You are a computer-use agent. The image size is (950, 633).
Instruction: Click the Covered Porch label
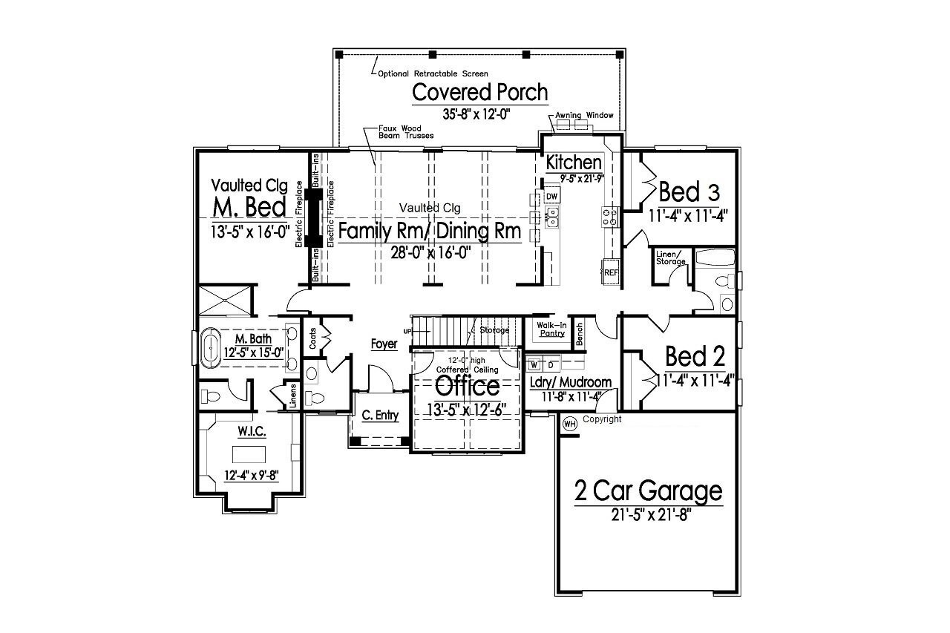tap(479, 93)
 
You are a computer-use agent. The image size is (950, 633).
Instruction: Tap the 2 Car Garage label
tap(648, 491)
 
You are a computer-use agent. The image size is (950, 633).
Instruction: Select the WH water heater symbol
tap(570, 424)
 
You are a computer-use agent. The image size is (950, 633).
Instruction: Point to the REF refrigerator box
tap(610, 272)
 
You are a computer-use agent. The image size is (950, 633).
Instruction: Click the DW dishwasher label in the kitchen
tap(551, 196)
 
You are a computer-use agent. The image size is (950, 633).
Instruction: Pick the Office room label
tap(467, 386)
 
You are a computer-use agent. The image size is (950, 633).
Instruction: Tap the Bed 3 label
tap(689, 192)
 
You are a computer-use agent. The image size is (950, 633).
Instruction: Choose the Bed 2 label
tap(695, 356)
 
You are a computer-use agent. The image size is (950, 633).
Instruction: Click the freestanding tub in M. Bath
tap(211, 349)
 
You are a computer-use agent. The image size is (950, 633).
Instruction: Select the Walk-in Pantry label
tap(551, 329)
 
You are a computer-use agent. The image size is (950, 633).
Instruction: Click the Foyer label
tap(384, 344)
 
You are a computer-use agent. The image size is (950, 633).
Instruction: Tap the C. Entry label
tap(380, 416)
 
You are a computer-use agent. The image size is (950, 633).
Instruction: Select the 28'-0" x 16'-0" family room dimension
tap(431, 252)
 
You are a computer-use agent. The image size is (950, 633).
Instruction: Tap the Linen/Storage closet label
tap(670, 258)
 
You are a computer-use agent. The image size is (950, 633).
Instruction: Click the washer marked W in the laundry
tap(534, 365)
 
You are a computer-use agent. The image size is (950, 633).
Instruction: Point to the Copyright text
tap(602, 419)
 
